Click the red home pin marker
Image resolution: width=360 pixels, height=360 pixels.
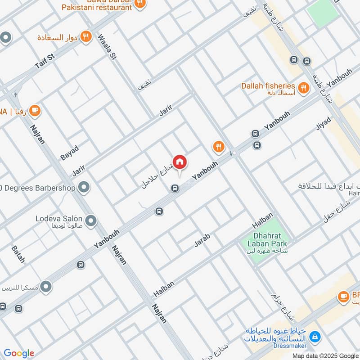[180, 162]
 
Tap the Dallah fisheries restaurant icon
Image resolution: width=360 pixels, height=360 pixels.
[304, 88]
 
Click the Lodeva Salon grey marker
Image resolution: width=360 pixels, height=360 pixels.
[91, 220]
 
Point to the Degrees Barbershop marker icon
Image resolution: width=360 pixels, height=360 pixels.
[84, 187]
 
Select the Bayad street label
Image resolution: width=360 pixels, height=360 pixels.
[69, 153]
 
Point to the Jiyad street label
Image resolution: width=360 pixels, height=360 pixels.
[323, 124]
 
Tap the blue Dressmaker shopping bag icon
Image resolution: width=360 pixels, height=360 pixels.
[315, 336]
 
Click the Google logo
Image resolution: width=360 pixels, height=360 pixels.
[19, 353]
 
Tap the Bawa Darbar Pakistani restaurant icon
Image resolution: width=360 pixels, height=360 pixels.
[140, 3]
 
